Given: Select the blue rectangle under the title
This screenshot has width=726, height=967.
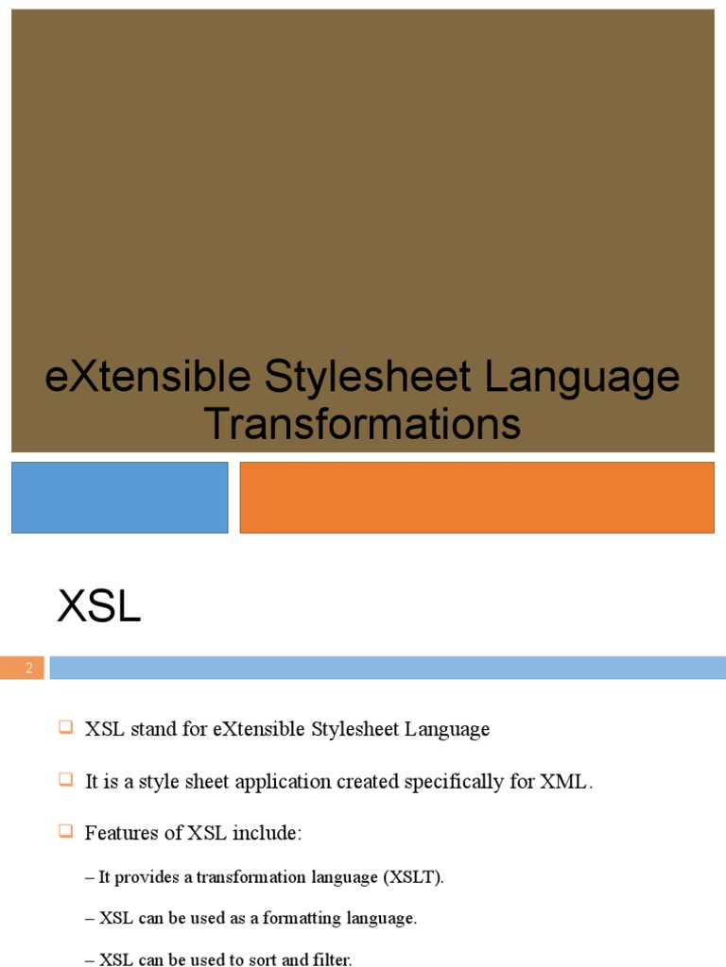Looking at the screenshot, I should tap(120, 497).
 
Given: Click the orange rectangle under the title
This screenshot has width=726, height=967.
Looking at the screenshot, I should tap(476, 497).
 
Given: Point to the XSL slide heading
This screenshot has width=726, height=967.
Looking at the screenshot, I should tap(99, 607).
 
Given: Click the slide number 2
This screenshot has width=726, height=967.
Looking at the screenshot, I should tap(29, 669).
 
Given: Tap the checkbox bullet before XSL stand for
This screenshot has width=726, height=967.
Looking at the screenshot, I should tap(65, 727).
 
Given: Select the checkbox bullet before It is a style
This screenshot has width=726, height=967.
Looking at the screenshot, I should tap(65, 780).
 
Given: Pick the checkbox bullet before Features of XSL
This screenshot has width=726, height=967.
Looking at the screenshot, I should tap(65, 832).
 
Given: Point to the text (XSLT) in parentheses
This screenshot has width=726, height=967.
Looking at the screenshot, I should tap(412, 877).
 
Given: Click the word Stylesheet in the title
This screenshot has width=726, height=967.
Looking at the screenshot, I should tap(368, 377).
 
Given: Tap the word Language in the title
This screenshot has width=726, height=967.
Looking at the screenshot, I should tap(582, 377).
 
